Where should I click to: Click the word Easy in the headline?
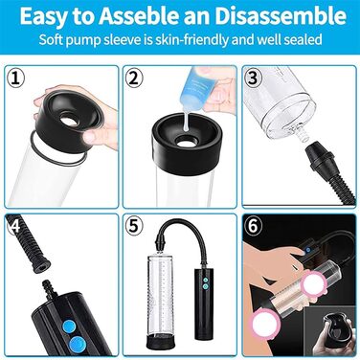[x=41, y=16]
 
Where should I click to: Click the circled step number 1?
[x=16, y=79]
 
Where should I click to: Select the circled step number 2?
[x=134, y=79]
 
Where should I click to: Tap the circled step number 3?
[x=253, y=79]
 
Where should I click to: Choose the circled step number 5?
[x=134, y=226]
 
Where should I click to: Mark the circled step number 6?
[x=253, y=226]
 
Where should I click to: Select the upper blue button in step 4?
[x=68, y=327]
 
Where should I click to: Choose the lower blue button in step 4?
[x=77, y=345]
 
